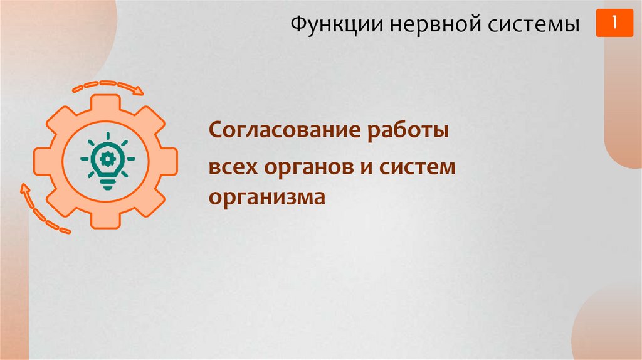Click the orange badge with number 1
pyautogui.click(x=614, y=23)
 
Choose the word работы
pyautogui.click(x=408, y=131)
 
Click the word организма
pyautogui.click(x=268, y=197)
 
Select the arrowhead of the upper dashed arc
pyautogui.click(x=139, y=91)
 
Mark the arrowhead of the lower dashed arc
pyautogui.click(x=26, y=188)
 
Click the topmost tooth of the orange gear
pyautogui.click(x=106, y=102)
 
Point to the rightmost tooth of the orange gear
pyautogui.click(x=168, y=161)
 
